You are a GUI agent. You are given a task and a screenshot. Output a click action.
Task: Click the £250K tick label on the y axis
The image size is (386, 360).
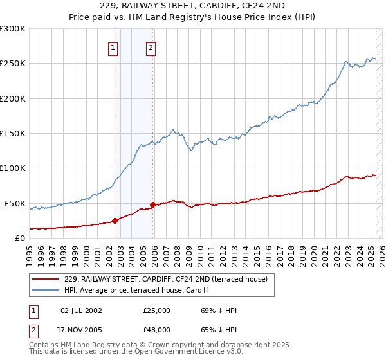[x=13, y=64]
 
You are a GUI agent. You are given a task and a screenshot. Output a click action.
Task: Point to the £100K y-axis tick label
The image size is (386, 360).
[x=13, y=168]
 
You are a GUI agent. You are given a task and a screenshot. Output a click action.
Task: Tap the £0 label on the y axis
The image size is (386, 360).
[x=21, y=239]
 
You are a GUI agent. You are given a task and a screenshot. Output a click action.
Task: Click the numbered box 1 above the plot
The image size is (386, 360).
[x=113, y=48]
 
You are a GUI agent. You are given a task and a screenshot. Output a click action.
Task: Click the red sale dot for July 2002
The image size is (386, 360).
[x=115, y=221]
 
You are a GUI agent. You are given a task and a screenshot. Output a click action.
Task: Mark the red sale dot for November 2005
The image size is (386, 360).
[x=152, y=204]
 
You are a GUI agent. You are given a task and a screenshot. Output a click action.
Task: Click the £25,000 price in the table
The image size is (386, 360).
[x=157, y=310]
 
